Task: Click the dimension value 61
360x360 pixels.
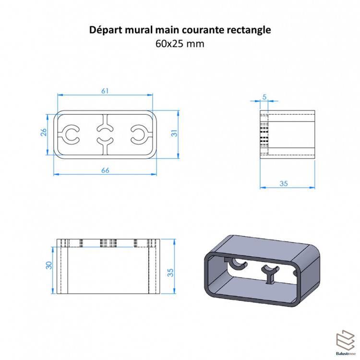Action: tap(105, 90)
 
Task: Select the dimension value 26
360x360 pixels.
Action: tap(43, 133)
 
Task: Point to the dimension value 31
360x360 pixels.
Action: tap(175, 133)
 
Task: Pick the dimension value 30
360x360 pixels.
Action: tap(48, 265)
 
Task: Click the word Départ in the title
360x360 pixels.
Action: tap(105, 30)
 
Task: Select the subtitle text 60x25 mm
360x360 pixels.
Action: tap(180, 44)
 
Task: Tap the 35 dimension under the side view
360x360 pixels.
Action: tap(283, 183)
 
